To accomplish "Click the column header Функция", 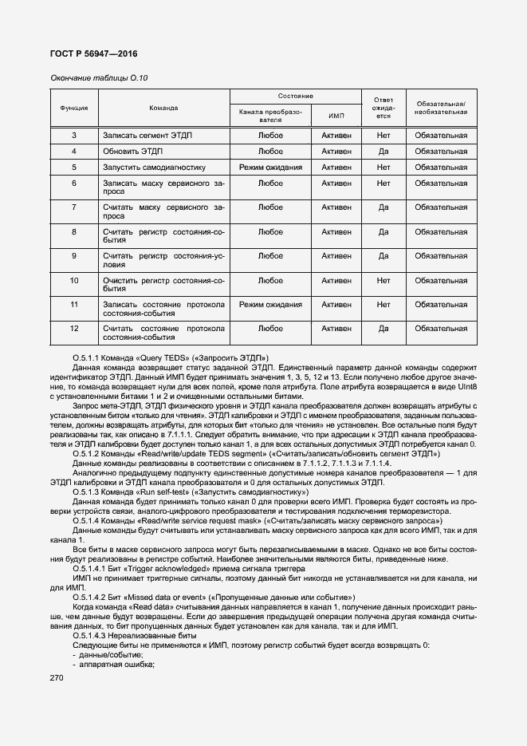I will (73, 107).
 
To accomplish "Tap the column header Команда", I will (163, 107).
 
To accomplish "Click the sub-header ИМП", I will (336, 116).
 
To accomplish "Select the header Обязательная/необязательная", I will (441, 108).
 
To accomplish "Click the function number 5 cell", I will (73, 168).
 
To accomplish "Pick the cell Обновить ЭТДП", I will (132, 152).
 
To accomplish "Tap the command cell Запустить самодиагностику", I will (154, 168).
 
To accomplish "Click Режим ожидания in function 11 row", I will (270, 305).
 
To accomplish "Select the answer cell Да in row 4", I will (383, 152).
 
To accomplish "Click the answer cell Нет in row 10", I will (383, 281).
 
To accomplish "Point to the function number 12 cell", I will (73, 329).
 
